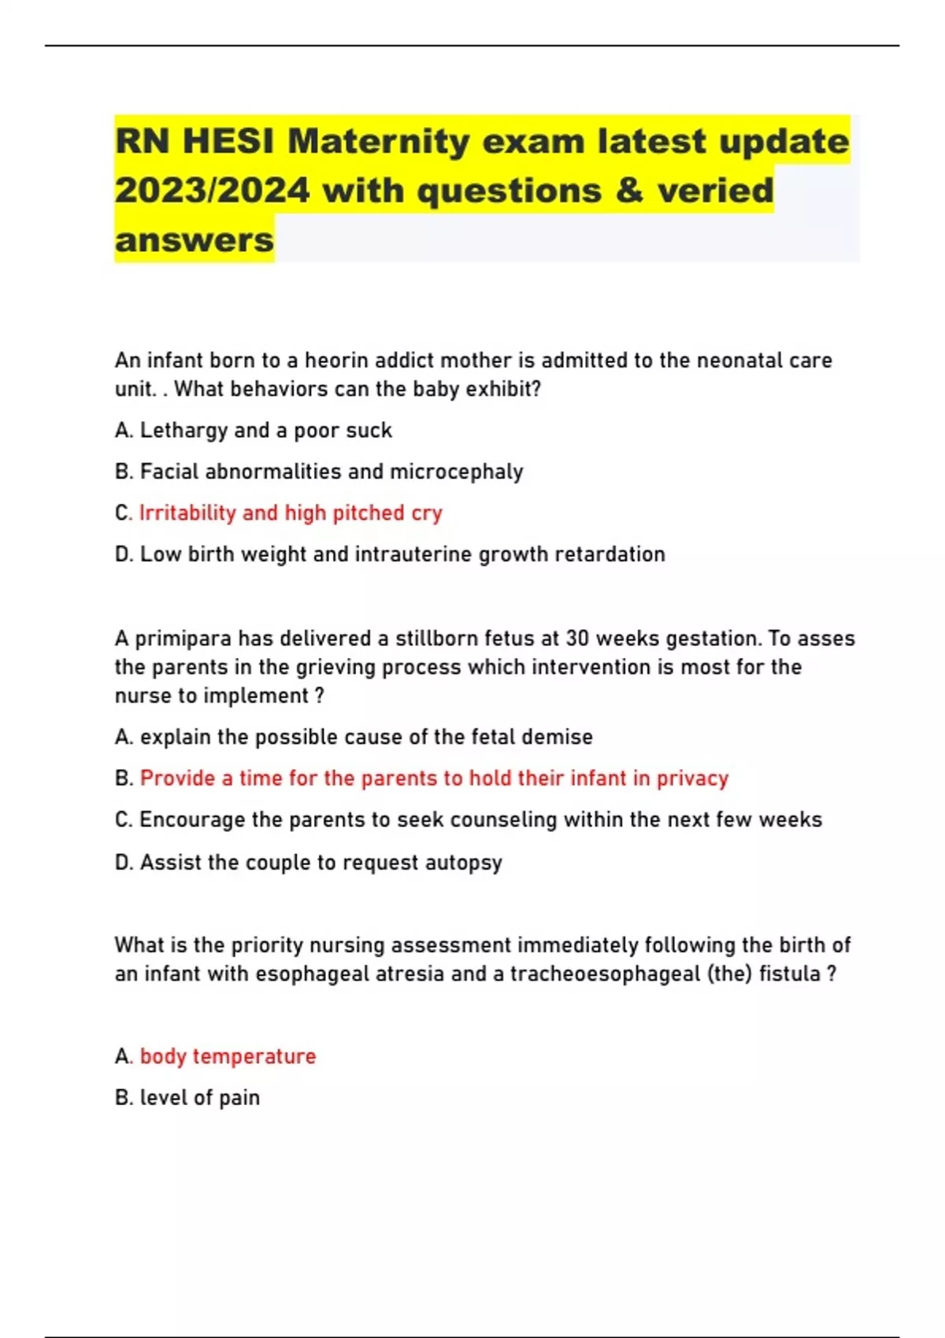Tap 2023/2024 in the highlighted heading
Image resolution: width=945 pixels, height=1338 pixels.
[x=212, y=190]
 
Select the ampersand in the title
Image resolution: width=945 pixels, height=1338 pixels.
[x=629, y=190]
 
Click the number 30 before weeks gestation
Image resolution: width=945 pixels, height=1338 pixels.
[x=577, y=638]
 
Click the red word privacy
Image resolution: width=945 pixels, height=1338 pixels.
[x=692, y=778]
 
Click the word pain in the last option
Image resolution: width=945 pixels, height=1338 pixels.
[x=239, y=1098]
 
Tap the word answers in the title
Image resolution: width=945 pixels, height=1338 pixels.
[x=195, y=240]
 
